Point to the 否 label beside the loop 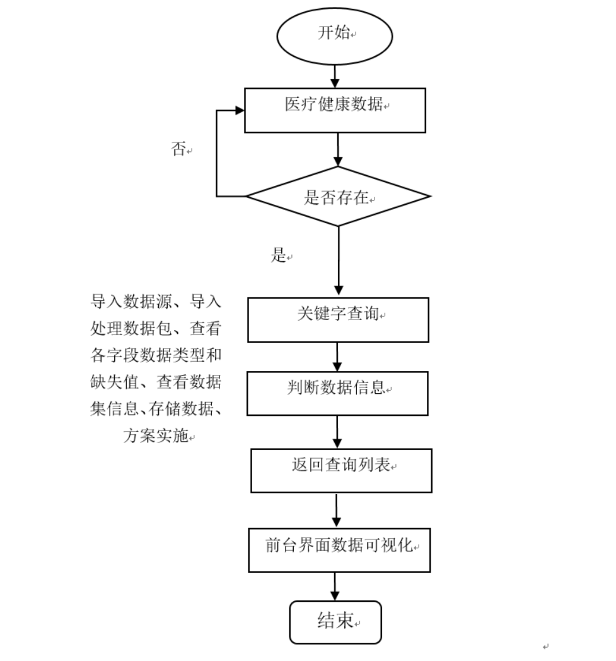click(x=178, y=149)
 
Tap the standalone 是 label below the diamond click(x=279, y=255)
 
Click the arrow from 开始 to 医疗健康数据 click(x=335, y=76)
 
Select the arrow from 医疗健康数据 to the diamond click(x=338, y=149)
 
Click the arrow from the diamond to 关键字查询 click(x=339, y=260)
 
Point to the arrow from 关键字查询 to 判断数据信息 click(x=337, y=357)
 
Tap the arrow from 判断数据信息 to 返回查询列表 click(x=337, y=432)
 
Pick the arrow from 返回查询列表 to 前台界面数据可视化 click(x=336, y=510)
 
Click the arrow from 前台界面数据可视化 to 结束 click(x=335, y=587)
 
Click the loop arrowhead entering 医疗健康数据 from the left click(x=240, y=110)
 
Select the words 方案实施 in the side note click(x=156, y=435)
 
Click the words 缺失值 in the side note click(x=115, y=382)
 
